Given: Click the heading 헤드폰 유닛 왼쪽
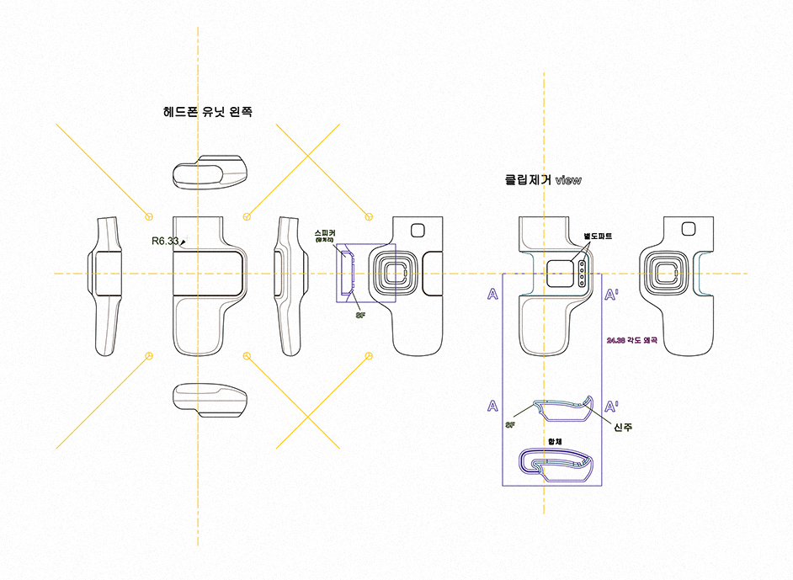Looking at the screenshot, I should tap(207, 111).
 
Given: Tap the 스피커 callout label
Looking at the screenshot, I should tap(325, 232).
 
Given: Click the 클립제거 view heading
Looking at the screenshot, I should tap(542, 180).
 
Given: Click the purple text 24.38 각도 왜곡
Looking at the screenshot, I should tap(631, 341).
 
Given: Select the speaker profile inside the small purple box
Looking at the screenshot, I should tap(347, 274).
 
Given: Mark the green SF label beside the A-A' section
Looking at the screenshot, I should tap(510, 425).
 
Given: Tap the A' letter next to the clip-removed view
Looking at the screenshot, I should tap(613, 295).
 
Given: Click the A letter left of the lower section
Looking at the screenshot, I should tap(492, 406).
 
